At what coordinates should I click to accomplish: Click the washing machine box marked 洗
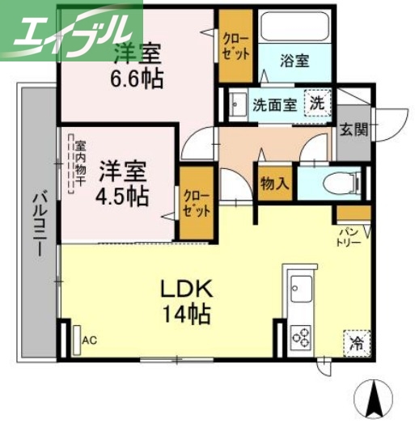(317, 104)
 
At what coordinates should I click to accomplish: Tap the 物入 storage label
(274, 184)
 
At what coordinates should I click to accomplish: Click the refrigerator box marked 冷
(356, 343)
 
